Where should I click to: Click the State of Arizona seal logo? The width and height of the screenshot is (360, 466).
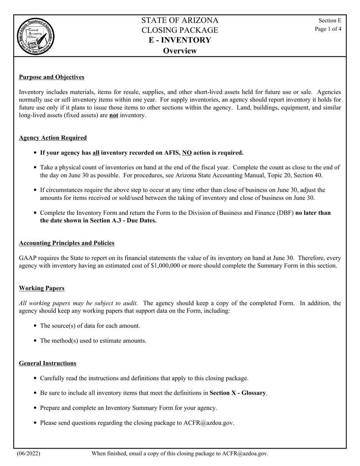click(36, 36)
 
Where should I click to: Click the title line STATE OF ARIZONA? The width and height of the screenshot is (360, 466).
click(180, 20)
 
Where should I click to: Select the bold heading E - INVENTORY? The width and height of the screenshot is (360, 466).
click(180, 40)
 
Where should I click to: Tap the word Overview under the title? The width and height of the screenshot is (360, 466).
click(180, 51)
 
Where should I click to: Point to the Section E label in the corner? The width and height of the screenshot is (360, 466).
click(330, 20)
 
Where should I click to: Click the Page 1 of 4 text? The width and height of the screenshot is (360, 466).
click(328, 29)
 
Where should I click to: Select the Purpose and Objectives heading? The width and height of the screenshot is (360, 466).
click(52, 77)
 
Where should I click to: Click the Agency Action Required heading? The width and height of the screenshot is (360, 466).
click(53, 138)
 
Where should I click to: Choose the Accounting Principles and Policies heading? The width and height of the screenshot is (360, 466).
click(67, 243)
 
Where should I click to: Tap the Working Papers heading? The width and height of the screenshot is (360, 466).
click(42, 288)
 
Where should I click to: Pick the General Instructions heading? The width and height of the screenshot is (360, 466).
click(47, 363)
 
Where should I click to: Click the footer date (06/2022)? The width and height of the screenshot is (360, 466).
click(28, 453)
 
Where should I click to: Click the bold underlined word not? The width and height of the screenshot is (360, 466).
click(114, 115)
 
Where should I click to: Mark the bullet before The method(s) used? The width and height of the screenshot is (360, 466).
click(35, 341)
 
